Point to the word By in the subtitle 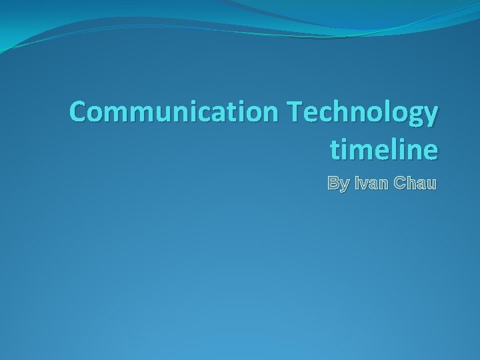pos(337,183)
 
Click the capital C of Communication pos(79,113)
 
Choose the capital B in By pos(333,183)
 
